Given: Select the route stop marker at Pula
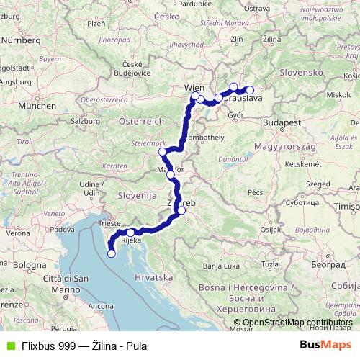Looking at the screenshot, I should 111,253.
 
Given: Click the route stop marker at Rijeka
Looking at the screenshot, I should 130,233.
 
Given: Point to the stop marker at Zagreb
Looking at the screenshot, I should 182,211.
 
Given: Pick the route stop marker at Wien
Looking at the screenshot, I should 195,96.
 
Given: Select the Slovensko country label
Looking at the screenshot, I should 300,73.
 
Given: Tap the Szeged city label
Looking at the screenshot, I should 315,184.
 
